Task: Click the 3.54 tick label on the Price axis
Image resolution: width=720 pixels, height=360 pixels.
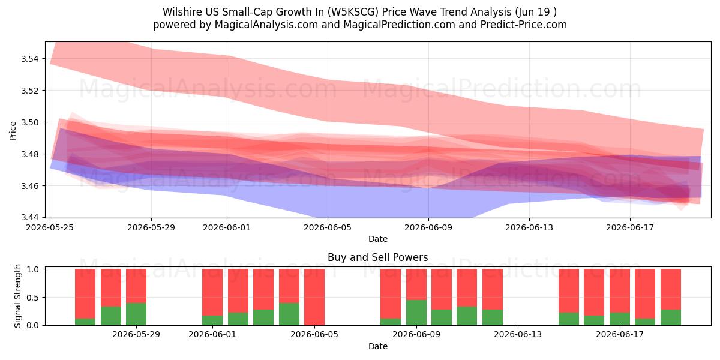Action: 29,59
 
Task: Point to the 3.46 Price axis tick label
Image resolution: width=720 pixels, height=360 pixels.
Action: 29,186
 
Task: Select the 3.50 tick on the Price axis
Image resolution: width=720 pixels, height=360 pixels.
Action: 29,122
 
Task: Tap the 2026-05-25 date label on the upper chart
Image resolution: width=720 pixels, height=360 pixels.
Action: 50,227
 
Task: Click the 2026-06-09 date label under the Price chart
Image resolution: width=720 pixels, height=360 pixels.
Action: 428,227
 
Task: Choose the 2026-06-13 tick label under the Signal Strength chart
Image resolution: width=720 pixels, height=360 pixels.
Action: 517,335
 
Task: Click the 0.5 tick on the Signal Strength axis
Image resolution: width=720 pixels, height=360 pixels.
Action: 33,298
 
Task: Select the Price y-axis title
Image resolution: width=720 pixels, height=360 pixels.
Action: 13,131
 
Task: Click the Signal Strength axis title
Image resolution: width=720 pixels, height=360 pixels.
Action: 17,296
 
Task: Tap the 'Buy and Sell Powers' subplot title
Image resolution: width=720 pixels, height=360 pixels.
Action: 377,257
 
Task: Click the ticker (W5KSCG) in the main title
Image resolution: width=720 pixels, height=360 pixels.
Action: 353,12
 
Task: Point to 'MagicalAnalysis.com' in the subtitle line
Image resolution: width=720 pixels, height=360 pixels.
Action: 266,25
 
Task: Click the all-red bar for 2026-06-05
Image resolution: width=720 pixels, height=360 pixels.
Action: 314,297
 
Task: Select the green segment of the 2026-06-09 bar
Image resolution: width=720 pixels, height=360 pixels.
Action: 416,313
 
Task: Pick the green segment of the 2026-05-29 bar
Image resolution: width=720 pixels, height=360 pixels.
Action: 136,314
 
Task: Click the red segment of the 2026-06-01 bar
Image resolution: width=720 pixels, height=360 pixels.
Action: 212,292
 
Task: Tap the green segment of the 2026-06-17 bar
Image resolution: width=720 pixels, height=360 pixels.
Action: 620,319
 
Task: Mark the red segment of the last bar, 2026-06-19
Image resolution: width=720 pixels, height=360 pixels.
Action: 671,289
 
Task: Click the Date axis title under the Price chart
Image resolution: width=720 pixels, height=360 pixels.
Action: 377,239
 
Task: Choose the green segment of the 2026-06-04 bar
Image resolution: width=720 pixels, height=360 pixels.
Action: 289,314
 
